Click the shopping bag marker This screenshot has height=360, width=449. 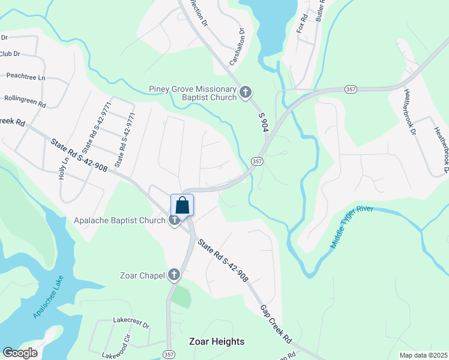click(182, 205)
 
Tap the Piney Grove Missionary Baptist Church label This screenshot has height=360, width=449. click(193, 94)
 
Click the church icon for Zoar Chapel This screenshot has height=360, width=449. click(174, 275)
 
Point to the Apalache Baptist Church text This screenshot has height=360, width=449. click(119, 220)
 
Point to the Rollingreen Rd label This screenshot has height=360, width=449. click(25, 100)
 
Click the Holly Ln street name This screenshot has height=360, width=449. click(64, 169)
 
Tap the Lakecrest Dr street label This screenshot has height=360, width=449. click(131, 322)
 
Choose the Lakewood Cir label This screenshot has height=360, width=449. click(116, 346)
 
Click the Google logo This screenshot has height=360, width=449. click(20, 353)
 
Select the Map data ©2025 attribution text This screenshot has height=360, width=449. click(422, 355)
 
